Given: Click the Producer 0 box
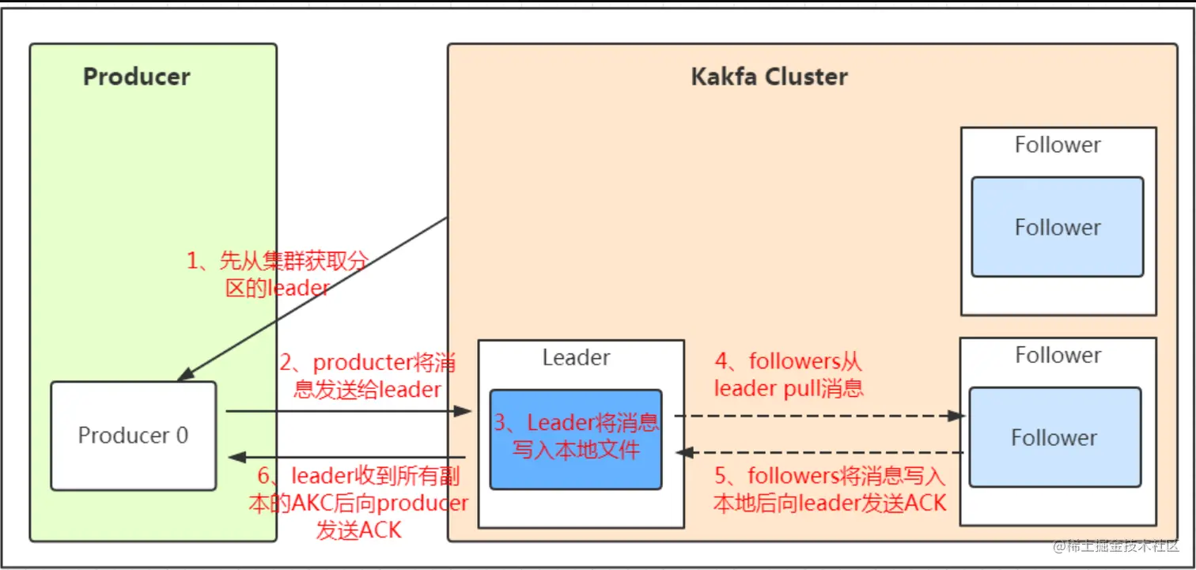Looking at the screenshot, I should [x=133, y=436].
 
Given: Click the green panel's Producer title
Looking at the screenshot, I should [x=137, y=77].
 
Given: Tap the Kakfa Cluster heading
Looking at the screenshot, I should [x=769, y=77].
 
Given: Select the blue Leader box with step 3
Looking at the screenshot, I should [x=575, y=438].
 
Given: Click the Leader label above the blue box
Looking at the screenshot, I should [x=576, y=357].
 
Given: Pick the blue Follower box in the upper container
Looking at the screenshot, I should [x=1057, y=227].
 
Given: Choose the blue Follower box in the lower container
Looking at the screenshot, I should [x=1054, y=437].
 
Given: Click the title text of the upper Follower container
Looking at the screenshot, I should [x=1058, y=145].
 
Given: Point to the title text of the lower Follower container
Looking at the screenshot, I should [x=1058, y=356].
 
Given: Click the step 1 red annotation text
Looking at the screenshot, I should [x=277, y=274].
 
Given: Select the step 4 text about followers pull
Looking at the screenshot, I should [x=788, y=375].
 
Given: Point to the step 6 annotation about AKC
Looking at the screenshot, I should [x=359, y=503].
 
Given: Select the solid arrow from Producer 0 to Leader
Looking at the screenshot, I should [x=348, y=411].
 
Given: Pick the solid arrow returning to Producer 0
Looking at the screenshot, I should [x=348, y=457].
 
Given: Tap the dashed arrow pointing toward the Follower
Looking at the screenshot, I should [x=819, y=415].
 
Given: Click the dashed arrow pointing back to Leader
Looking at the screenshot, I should [x=819, y=453].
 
